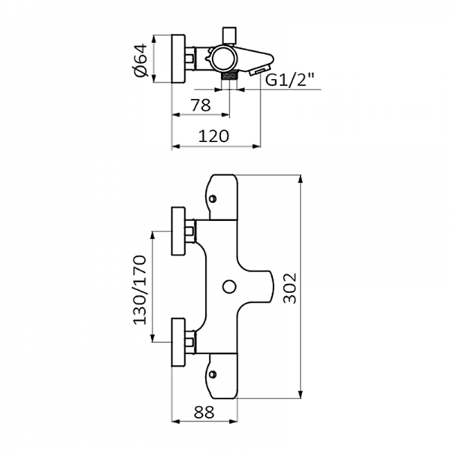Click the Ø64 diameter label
tap(139, 58)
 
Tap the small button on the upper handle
tap(214, 199)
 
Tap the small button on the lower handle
tap(214, 374)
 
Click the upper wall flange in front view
tap(180, 232)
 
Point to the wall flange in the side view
tap(180, 58)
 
